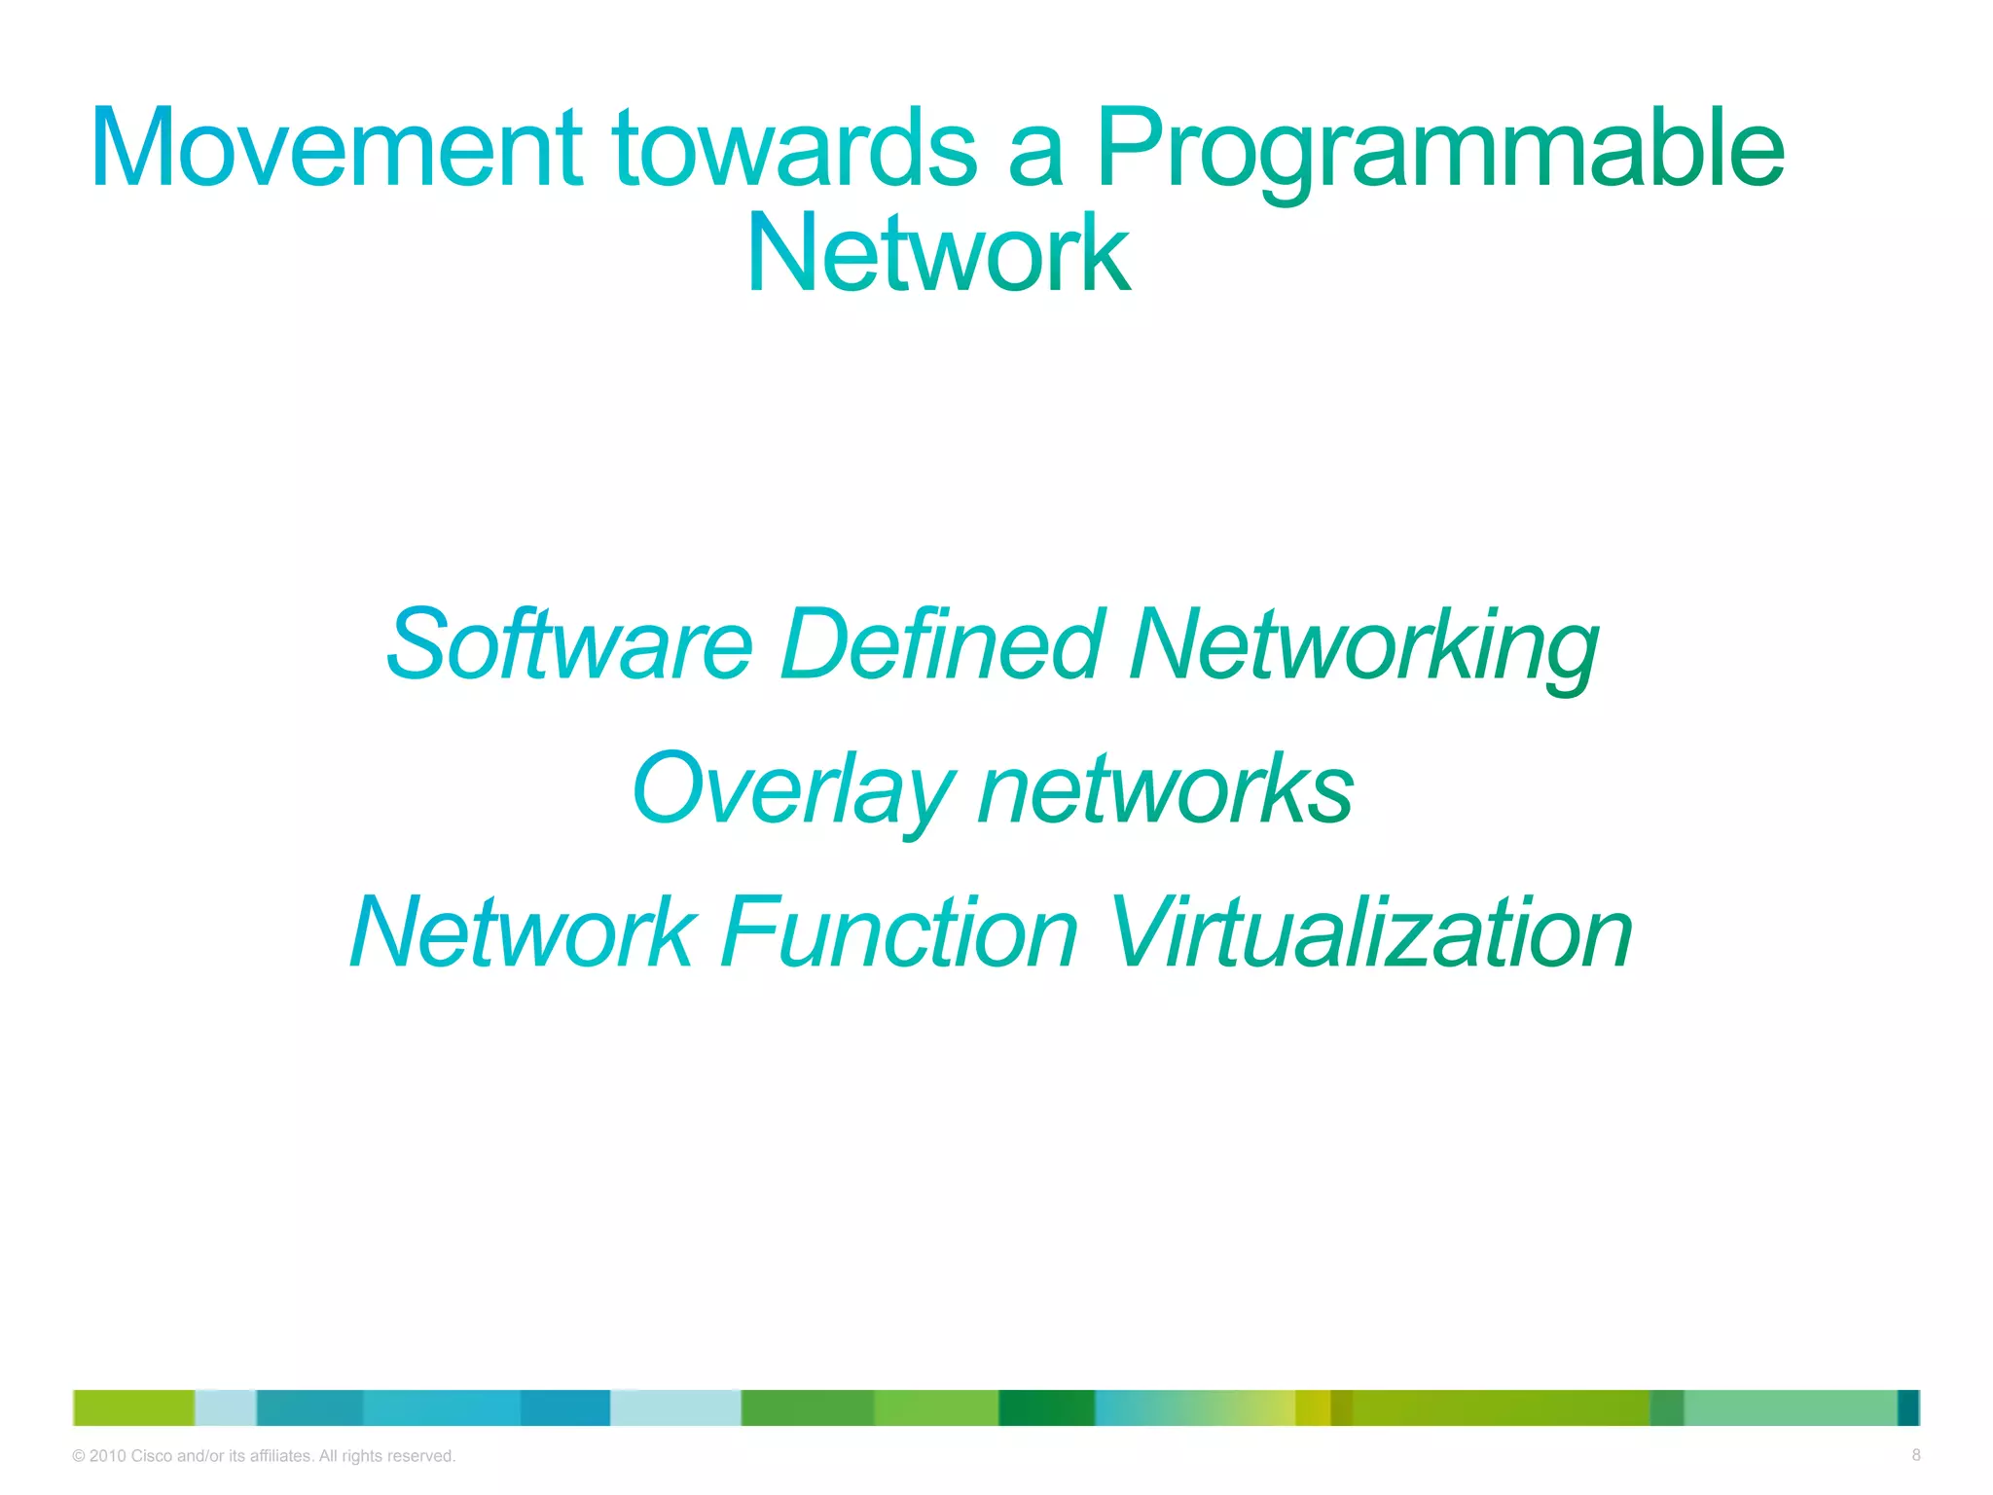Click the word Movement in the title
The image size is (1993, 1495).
point(336,148)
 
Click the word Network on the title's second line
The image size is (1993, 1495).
point(938,255)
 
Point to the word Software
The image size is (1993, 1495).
point(569,644)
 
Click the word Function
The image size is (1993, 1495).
point(899,932)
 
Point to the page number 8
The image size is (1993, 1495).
point(1915,1455)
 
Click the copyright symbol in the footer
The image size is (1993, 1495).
point(79,1456)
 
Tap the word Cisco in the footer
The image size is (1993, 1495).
point(151,1456)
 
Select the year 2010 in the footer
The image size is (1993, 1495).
point(107,1456)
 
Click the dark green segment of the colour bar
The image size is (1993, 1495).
point(1046,1407)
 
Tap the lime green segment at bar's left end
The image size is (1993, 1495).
point(134,1407)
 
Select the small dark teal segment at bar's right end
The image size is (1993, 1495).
point(1908,1407)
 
